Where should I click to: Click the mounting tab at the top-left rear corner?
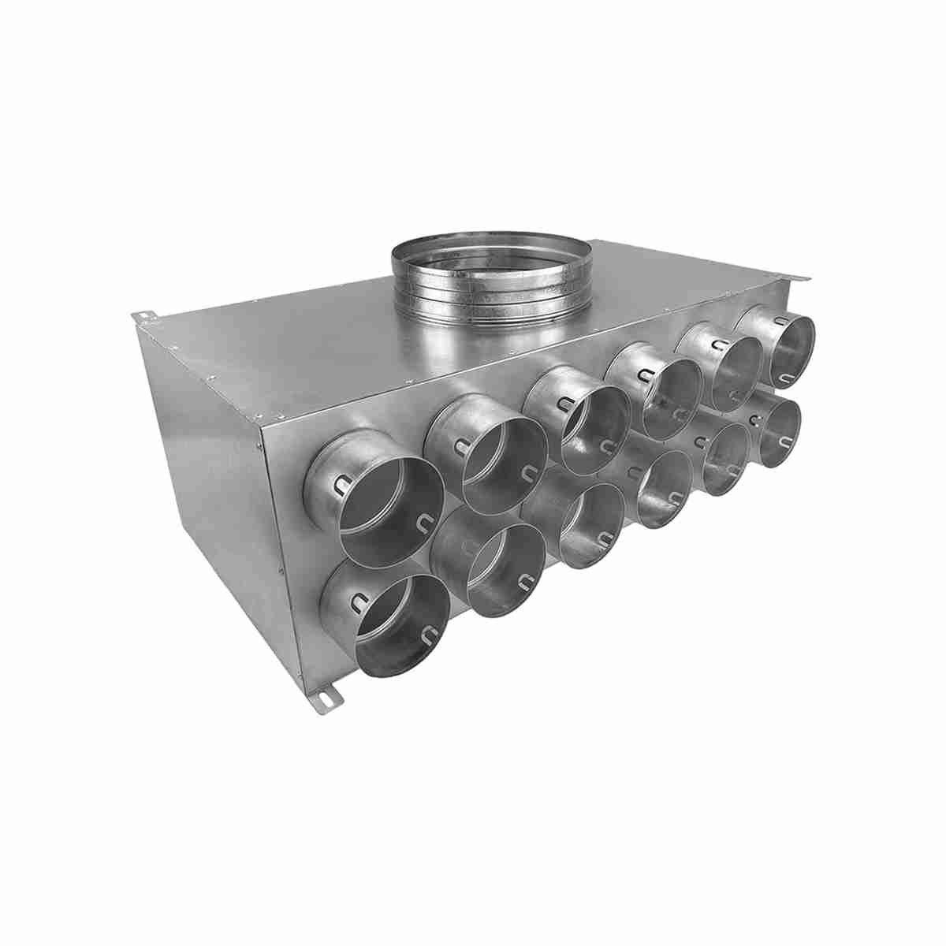click(146, 317)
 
